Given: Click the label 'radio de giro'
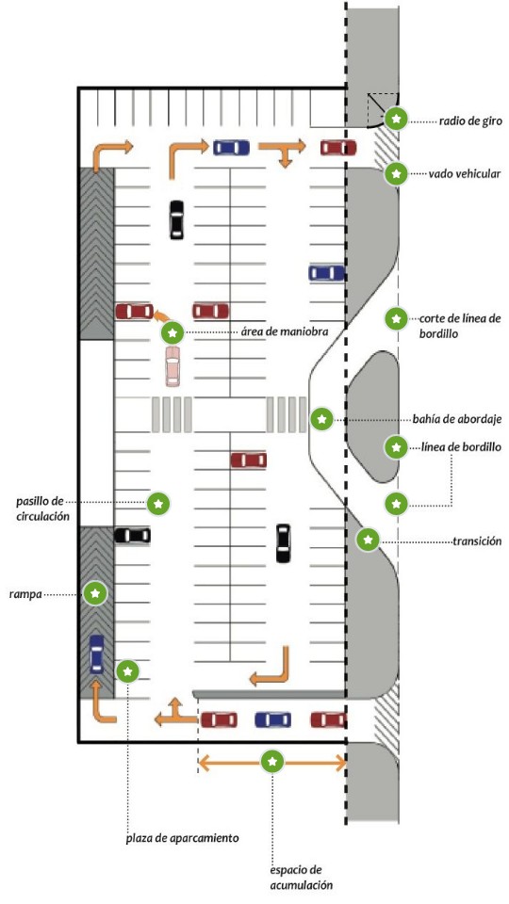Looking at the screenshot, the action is click(x=470, y=121).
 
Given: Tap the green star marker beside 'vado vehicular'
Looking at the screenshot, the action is click(x=396, y=173).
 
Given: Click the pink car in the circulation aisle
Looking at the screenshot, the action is click(x=172, y=365).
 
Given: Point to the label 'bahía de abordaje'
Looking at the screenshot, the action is click(x=457, y=419).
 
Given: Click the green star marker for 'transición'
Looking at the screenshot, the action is click(x=369, y=540).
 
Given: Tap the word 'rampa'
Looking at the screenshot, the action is click(x=25, y=594).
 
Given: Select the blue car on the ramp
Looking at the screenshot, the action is click(x=97, y=654).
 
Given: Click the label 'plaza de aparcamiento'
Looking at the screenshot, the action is click(x=182, y=838).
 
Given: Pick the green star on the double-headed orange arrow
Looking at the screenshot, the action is click(x=273, y=762).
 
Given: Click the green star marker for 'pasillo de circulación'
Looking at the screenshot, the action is click(x=158, y=503).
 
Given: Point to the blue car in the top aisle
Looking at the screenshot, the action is click(x=232, y=148).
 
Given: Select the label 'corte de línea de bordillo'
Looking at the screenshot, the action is click(x=460, y=325).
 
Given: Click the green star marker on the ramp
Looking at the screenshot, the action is click(x=95, y=593).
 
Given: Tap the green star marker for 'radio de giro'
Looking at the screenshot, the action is click(x=397, y=120).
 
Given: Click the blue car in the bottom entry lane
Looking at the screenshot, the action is click(x=273, y=719).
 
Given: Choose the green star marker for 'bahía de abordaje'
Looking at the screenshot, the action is click(x=321, y=419).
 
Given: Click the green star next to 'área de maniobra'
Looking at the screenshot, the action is click(x=172, y=332).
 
